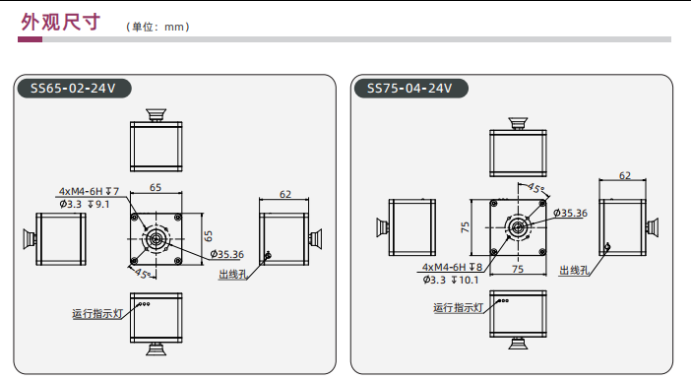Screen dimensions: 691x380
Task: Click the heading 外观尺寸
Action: pos(61,22)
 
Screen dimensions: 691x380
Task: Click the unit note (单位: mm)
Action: pos(157,27)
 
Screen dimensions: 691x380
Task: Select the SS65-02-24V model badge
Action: pos(74,89)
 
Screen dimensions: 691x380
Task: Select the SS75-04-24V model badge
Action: pos(410,89)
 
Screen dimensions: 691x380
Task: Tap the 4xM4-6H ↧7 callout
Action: pos(89,191)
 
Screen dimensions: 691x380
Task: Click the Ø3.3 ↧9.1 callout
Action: pos(85,204)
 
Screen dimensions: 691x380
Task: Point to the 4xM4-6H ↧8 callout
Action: pos(452,267)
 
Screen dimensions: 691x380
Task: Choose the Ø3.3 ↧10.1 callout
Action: pos(451,280)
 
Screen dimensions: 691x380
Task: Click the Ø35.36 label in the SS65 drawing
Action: pos(227,254)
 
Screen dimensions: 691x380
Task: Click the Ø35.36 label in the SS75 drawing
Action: pos(571,214)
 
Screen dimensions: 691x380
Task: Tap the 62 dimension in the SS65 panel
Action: pos(285,194)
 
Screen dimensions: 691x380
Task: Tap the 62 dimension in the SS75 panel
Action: pos(625,175)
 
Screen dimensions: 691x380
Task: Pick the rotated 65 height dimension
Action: pos(209,236)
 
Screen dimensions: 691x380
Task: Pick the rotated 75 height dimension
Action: pos(465,227)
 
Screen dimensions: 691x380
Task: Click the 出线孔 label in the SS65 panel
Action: pos(232,275)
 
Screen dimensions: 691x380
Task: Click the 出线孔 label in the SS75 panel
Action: pos(574,270)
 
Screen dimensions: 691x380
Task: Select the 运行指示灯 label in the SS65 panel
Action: pos(97,314)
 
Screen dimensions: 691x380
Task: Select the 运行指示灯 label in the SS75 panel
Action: pos(459,308)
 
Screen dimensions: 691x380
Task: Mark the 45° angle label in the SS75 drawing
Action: pos(535,189)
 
